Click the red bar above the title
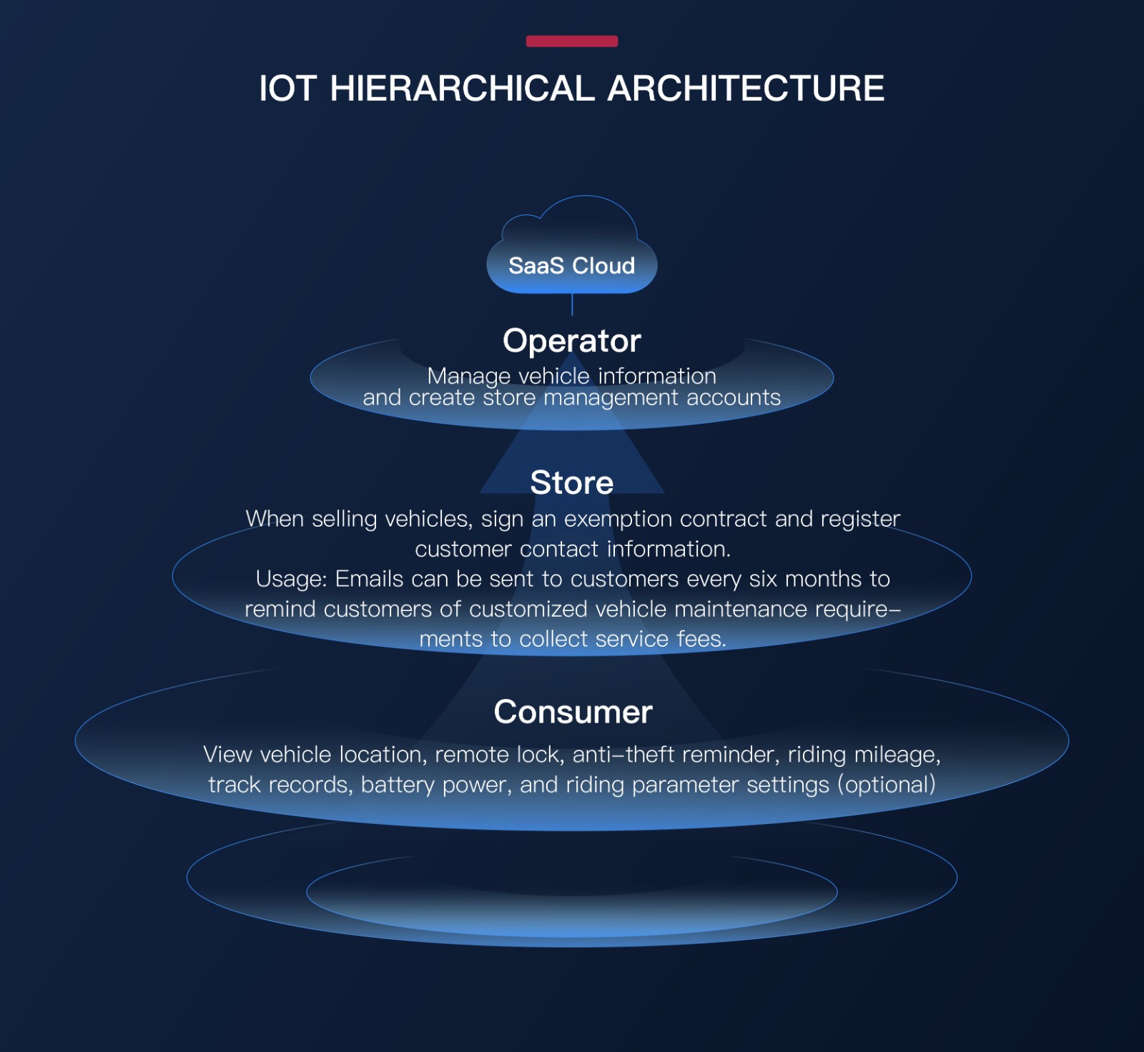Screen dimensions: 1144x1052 (572, 41)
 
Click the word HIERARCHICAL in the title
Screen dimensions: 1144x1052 (462, 89)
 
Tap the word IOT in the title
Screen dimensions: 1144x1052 (287, 89)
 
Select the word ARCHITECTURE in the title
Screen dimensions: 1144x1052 (746, 89)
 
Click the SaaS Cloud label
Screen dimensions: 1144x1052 (572, 266)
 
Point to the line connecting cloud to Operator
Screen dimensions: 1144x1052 (572, 304)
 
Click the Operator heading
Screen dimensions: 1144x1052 (572, 341)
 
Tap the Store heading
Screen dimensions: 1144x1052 (572, 483)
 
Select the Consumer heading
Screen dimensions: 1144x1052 (573, 713)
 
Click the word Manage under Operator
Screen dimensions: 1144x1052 (469, 377)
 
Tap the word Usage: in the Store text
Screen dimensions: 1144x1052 (292, 579)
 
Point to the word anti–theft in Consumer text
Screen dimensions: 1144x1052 (623, 755)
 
